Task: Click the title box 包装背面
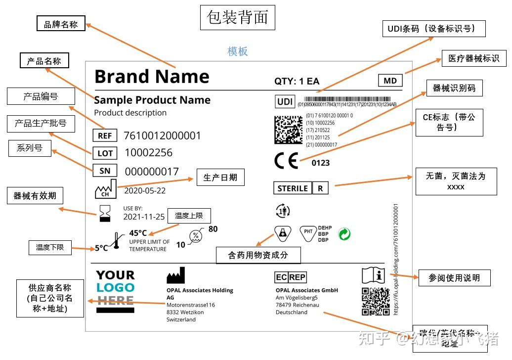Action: [x=238, y=17]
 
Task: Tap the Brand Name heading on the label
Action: [x=152, y=77]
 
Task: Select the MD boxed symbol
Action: [x=390, y=81]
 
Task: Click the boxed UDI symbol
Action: [x=285, y=102]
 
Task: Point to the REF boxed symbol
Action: [x=105, y=135]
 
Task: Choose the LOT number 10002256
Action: [x=148, y=153]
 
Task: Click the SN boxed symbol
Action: [x=105, y=171]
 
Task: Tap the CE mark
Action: [x=286, y=161]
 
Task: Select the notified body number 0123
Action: [x=320, y=163]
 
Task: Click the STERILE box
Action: [x=293, y=188]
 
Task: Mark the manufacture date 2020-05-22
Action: [x=145, y=191]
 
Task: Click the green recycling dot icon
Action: [x=344, y=233]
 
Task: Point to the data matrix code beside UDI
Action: [x=288, y=130]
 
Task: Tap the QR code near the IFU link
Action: [x=376, y=301]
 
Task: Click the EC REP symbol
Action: [x=290, y=277]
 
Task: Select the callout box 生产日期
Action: [x=220, y=178]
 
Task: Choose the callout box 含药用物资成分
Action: [x=258, y=255]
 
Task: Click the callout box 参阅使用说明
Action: [x=454, y=278]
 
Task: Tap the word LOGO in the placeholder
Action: [x=115, y=288]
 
